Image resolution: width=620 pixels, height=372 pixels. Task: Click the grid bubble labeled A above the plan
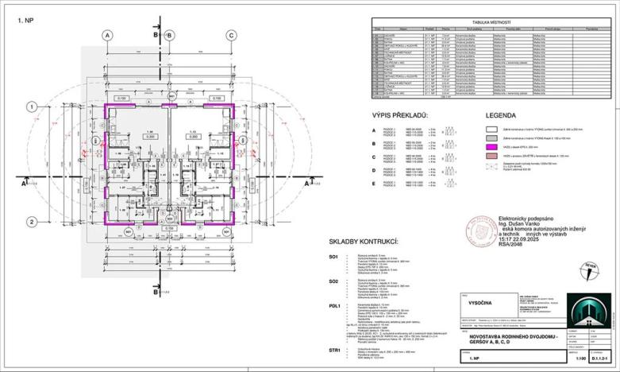coord(106,34)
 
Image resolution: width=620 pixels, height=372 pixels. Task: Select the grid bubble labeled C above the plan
coord(230,34)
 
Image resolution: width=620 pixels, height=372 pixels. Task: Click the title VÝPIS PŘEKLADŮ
coord(401,116)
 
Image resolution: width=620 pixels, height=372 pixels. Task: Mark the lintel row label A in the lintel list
coord(373,130)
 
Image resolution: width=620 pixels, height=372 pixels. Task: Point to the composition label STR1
coord(335,349)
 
